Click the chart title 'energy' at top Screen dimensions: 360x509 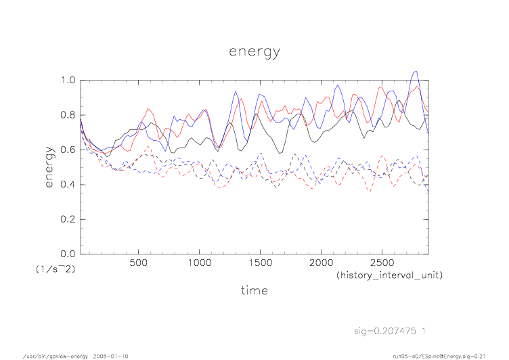254,51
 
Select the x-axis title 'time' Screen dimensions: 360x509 254,290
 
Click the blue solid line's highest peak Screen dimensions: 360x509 415,71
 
